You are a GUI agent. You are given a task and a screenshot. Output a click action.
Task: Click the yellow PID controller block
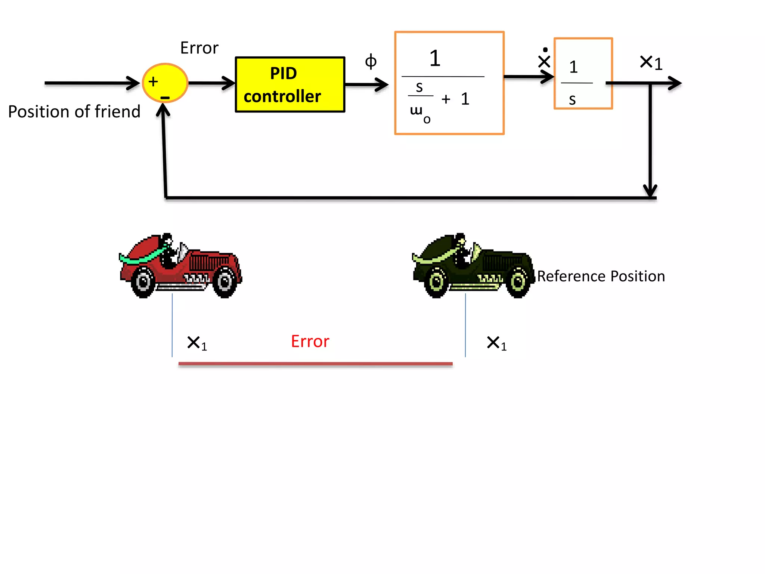tap(290, 84)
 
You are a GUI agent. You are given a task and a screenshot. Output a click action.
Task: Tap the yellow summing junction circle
tap(165, 83)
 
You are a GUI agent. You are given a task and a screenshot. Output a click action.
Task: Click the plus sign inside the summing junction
tap(153, 81)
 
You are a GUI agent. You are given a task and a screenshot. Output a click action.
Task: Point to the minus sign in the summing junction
tap(165, 98)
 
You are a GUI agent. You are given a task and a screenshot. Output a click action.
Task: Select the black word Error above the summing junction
tap(199, 48)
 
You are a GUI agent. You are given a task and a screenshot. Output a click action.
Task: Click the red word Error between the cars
tap(310, 341)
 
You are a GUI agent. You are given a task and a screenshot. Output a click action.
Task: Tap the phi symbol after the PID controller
tap(371, 61)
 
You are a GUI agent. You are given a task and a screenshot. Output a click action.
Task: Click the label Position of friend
tap(74, 111)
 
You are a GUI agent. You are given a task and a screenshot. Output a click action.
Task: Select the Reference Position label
tap(601, 276)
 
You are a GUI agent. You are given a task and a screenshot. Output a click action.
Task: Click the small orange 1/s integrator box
tap(583, 74)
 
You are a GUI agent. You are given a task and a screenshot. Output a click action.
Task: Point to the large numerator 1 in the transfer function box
tap(435, 58)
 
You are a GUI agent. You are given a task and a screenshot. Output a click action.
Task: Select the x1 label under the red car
tap(197, 343)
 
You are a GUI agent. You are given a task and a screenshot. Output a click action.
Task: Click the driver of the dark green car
tap(462, 250)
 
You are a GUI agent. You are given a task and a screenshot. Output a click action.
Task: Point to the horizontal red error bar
tap(315, 363)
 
